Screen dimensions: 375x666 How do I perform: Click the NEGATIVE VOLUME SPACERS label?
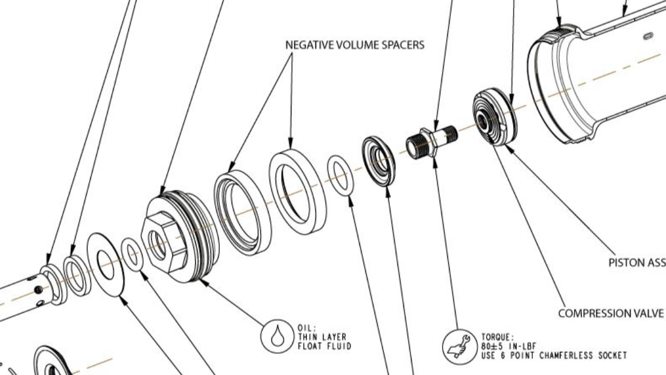coord(354,45)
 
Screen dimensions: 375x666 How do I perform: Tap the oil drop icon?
coord(276,336)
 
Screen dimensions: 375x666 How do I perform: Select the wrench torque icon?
coord(459,345)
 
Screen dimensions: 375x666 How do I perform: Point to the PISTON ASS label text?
coord(637,263)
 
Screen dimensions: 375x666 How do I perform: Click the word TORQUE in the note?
coord(497,337)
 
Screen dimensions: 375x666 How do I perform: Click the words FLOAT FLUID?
coord(324,346)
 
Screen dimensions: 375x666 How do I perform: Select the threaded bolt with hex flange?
coord(431,141)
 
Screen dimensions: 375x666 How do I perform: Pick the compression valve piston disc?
coord(494,117)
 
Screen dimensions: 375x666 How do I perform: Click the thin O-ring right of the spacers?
coord(341,175)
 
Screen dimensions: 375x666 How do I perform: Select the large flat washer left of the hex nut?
coord(106,264)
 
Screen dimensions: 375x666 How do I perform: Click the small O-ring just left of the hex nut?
coord(133,254)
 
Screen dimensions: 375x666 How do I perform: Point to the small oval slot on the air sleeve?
coord(647,36)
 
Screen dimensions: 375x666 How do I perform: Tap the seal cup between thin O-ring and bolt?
coord(379,161)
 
